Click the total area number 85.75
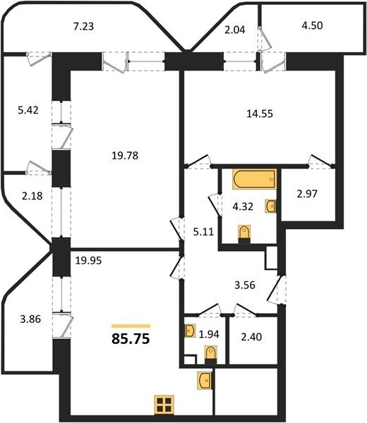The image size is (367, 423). pos(131,339)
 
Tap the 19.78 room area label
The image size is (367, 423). pos(125,156)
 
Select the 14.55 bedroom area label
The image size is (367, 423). pos(260,114)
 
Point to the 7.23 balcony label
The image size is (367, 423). pos(84,27)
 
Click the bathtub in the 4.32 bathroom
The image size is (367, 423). pos(254,179)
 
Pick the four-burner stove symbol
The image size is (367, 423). pos(164,405)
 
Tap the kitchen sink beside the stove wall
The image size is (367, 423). pos(205,381)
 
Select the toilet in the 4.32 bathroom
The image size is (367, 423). pos(245,234)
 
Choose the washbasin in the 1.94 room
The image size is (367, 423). pos(191,331)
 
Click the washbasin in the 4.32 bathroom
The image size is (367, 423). pos(271,207)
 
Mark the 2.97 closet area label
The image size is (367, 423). pos(307,194)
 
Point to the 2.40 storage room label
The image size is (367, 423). pos(251,337)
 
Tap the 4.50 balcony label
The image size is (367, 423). pos(313,25)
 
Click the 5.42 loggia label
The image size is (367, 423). pos(28,110)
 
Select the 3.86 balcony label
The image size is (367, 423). pos(30,319)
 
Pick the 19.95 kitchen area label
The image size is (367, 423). pos(88,261)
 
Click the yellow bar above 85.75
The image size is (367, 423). pos(131,326)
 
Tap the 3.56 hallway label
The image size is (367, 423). pos(245,285)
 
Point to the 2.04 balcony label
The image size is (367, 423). pos(235,30)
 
